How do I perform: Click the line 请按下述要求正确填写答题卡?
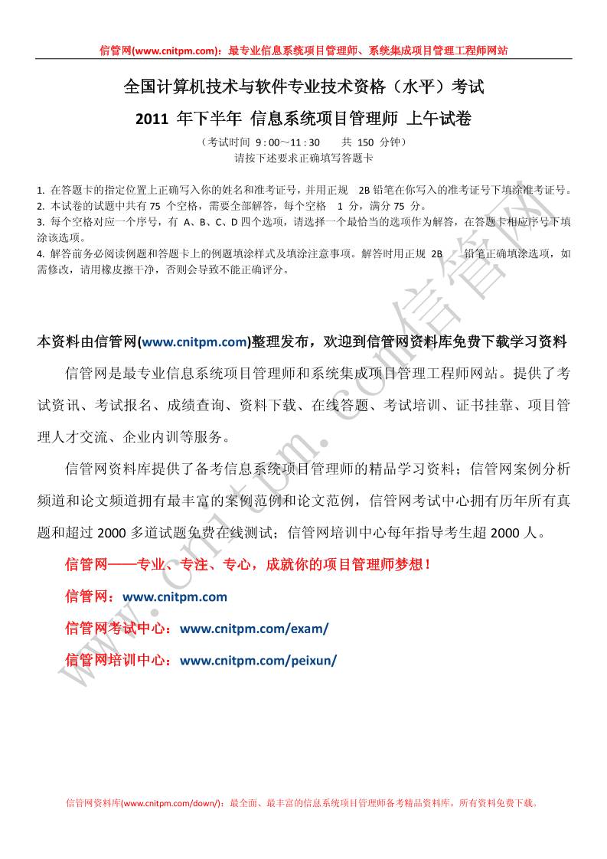click(x=304, y=158)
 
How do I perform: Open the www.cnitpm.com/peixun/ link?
click(x=258, y=660)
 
